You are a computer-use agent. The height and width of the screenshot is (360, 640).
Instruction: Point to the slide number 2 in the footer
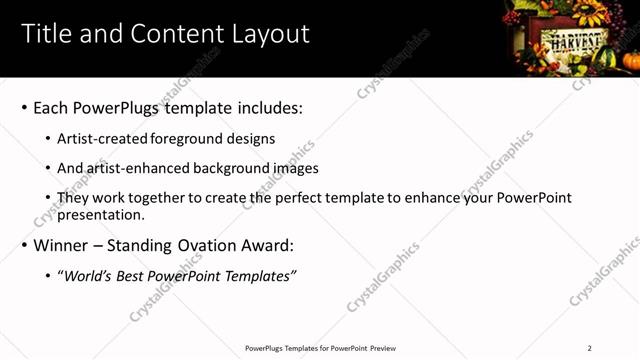589,348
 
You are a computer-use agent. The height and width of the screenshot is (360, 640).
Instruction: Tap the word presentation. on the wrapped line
101,213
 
